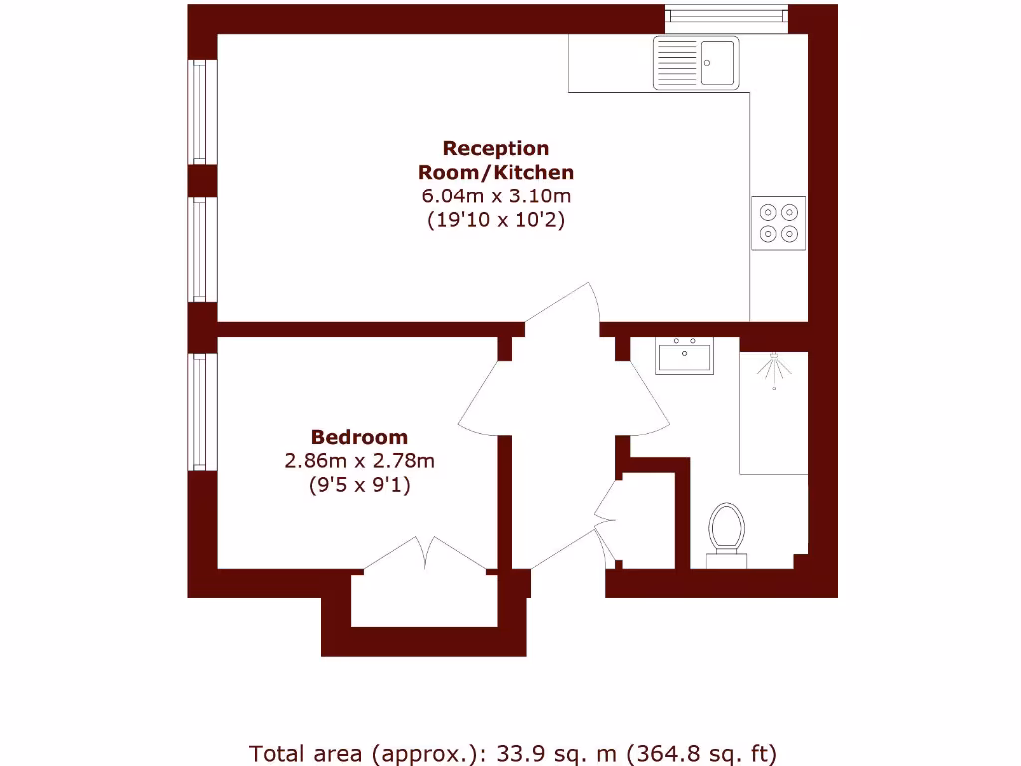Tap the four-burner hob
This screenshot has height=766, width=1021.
778,223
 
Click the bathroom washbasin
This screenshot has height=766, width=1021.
684,356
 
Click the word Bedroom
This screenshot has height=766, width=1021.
359,437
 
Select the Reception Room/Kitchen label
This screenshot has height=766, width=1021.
496,160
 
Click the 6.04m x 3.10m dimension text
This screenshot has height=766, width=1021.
496,196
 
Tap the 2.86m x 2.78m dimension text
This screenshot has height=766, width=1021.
359,461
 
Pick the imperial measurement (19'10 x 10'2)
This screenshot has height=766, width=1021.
496,220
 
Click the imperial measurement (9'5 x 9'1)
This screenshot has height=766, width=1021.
359,486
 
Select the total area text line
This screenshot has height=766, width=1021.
512,752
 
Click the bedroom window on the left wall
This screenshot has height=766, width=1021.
200,411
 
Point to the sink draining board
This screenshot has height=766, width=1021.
676,62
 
